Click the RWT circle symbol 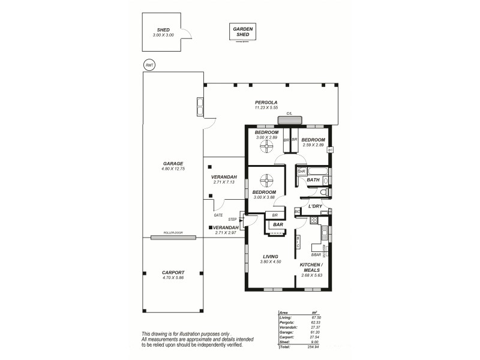pos(149,65)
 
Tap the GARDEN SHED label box pos(243,32)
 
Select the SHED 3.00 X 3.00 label pos(163,32)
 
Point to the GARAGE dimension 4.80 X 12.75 pos(172,169)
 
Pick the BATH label pos(313,179)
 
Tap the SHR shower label pos(301,172)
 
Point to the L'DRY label pos(315,206)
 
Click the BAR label pos(278,225)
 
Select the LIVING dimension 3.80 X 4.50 pos(270,262)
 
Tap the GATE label pos(218,215)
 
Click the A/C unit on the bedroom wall pos(329,149)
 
